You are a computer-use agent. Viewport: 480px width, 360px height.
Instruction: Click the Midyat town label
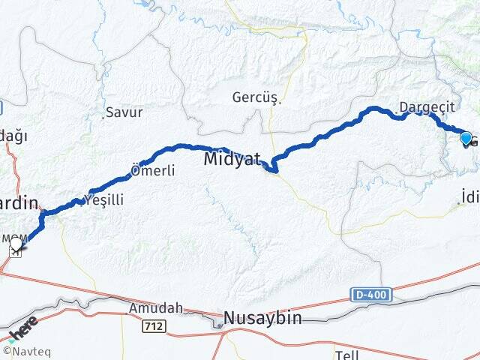tap(232, 159)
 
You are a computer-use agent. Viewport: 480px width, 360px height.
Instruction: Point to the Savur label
tap(124, 112)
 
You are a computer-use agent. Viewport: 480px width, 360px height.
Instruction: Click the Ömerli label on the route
tap(153, 171)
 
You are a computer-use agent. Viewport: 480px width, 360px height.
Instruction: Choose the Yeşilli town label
tap(104, 199)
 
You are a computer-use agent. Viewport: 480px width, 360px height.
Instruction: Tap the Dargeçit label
tap(427, 108)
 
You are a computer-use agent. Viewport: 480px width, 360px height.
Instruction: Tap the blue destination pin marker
tap(466, 139)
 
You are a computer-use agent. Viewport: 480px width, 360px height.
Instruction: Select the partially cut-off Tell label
tap(346, 353)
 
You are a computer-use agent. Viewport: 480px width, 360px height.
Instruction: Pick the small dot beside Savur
tap(103, 116)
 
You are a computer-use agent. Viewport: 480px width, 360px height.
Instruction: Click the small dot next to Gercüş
tap(280, 103)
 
